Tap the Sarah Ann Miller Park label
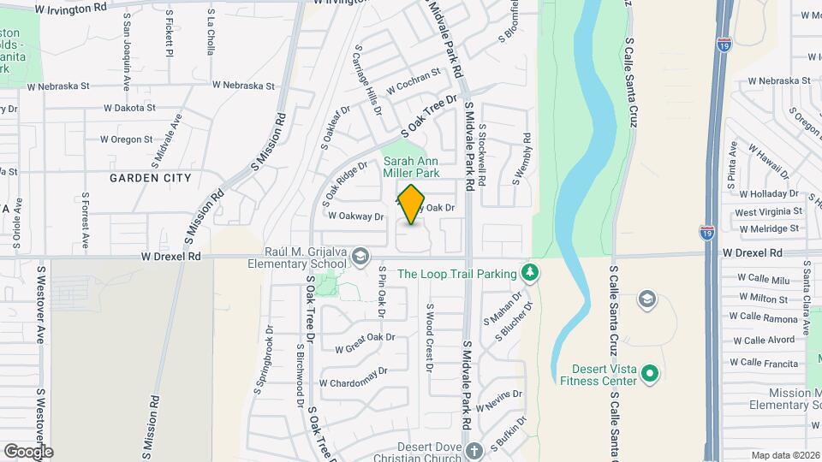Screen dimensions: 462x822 [x=411, y=167]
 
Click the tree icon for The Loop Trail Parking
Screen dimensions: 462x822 [x=531, y=273]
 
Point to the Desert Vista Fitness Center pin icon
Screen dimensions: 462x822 [x=649, y=374]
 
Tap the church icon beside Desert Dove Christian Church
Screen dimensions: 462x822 [x=475, y=449]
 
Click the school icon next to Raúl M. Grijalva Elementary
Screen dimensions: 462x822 [x=361, y=256]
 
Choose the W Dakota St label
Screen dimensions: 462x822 [x=129, y=109]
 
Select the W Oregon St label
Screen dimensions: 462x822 [x=126, y=139]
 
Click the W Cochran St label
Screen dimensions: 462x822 [x=413, y=85]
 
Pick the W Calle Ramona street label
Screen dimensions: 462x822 [x=764, y=318]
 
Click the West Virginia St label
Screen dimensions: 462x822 [x=768, y=211]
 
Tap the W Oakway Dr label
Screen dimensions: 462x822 [x=355, y=217]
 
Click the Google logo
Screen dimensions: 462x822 [x=28, y=451]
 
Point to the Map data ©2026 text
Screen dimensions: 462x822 [x=783, y=455]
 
